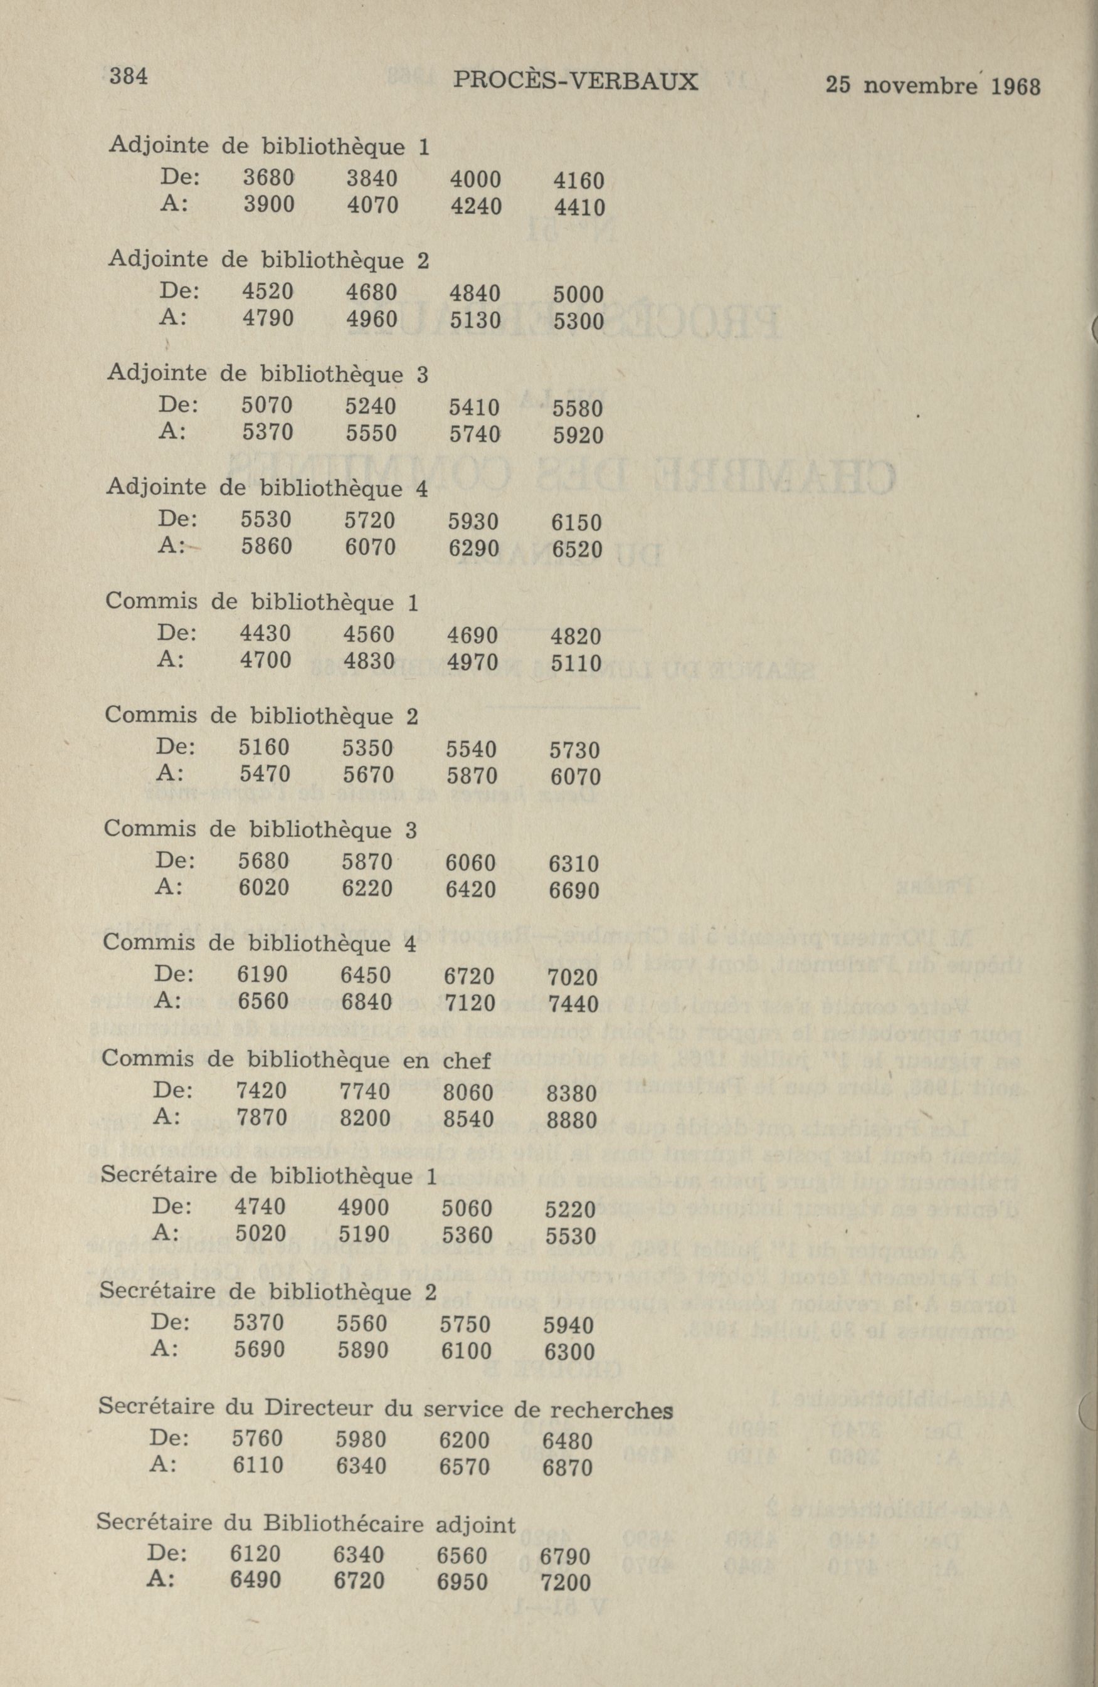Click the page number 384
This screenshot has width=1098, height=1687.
point(129,76)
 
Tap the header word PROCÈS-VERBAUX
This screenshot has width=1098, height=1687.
point(575,82)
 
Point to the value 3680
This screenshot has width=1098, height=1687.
point(268,177)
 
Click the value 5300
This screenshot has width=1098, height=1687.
point(578,322)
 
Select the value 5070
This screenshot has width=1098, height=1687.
point(267,406)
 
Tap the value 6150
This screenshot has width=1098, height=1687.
point(576,523)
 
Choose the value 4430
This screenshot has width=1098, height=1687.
point(265,633)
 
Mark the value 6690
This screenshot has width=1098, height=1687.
point(574,891)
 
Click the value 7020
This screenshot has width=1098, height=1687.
point(573,977)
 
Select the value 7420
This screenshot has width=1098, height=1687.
point(261,1091)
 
